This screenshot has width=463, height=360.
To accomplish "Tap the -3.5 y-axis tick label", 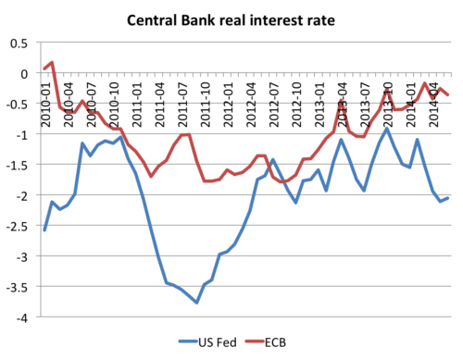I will pyautogui.click(x=18, y=287).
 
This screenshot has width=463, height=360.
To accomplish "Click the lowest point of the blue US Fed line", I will pyautogui.click(x=197, y=303).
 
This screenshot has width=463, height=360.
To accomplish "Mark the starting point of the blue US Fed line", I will pyautogui.click(x=44, y=230).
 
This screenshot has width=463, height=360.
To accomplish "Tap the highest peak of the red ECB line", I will pyautogui.click(x=53, y=62).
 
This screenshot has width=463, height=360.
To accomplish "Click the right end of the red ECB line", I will pyautogui.click(x=449, y=94).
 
